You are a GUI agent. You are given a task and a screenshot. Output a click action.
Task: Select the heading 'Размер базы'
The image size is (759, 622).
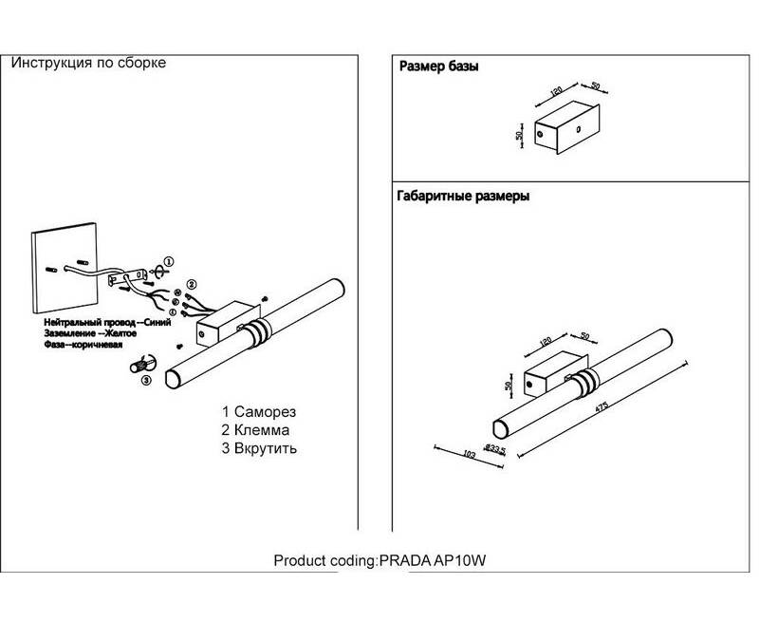pyautogui.click(x=438, y=67)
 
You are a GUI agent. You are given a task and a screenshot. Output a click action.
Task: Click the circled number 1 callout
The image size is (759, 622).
pyautogui.click(x=168, y=260)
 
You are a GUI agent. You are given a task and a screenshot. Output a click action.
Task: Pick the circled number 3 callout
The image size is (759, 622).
pyautogui.click(x=145, y=381)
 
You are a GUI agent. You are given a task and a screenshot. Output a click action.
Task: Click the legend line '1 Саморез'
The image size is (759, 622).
pyautogui.click(x=259, y=413)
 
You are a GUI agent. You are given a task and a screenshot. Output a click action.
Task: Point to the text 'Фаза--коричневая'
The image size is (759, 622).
pyautogui.click(x=83, y=346)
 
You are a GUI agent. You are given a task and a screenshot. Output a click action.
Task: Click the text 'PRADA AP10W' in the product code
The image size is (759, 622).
pyautogui.click(x=434, y=561)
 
